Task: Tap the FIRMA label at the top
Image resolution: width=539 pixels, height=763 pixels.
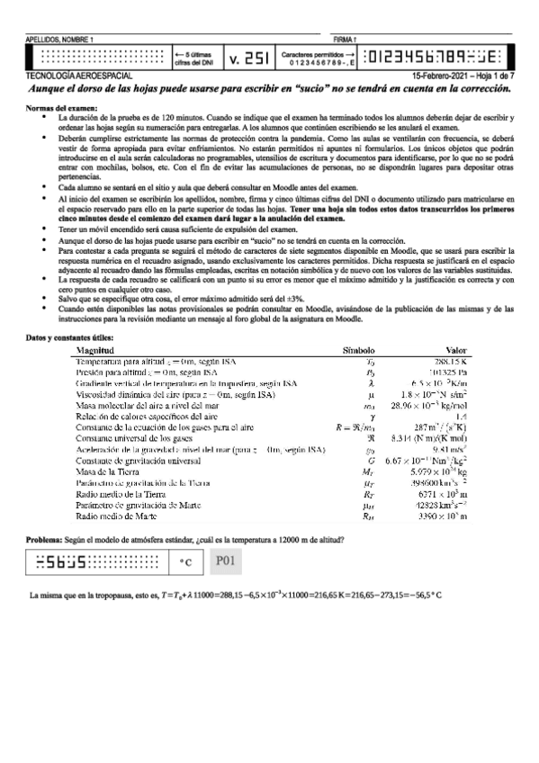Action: click(x=345, y=40)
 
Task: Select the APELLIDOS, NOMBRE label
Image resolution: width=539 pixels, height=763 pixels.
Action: click(x=59, y=40)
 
